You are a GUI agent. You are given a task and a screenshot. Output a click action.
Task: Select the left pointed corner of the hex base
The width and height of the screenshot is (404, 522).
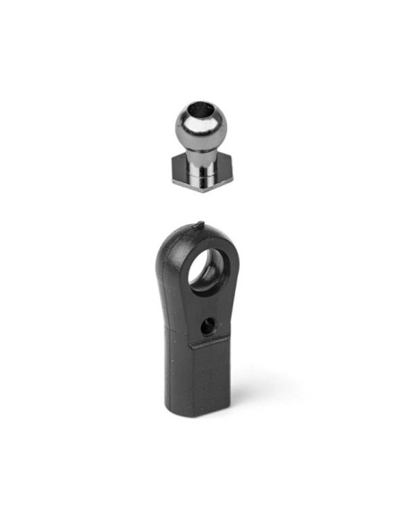tap(167, 167)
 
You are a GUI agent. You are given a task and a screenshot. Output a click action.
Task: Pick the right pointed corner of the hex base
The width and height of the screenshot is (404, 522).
tap(235, 167)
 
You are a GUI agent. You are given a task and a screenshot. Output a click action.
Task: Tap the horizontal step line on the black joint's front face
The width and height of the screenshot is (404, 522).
tap(215, 343)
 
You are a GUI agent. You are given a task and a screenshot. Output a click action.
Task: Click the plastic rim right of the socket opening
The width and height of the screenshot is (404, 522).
tap(235, 268)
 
